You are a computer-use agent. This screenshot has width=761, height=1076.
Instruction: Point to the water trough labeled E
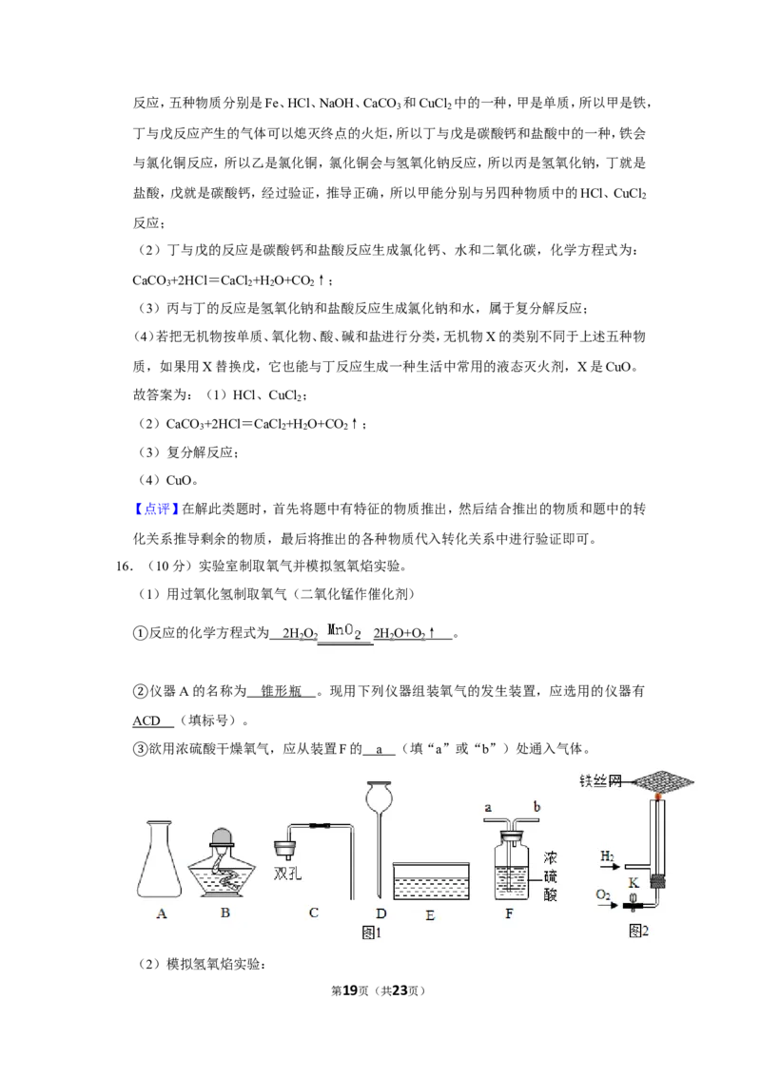(x=431, y=881)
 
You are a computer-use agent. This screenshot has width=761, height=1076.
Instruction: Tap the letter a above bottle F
(x=488, y=808)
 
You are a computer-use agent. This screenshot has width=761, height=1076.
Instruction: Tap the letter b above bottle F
(x=537, y=807)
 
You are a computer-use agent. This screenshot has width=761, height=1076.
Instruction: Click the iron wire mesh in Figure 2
(x=662, y=781)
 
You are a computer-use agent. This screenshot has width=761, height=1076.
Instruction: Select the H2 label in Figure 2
(x=607, y=855)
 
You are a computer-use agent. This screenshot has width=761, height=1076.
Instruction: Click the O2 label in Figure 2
(x=603, y=894)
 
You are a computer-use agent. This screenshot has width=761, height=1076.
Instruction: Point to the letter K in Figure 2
(x=634, y=883)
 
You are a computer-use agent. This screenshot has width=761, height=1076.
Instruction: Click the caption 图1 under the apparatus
(x=371, y=932)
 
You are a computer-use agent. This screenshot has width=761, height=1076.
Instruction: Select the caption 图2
(x=638, y=931)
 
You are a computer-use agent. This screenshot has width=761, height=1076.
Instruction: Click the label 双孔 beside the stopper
(x=287, y=874)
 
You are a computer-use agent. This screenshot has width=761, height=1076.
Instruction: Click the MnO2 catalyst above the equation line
(x=344, y=630)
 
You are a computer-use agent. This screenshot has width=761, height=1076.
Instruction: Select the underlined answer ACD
(x=146, y=721)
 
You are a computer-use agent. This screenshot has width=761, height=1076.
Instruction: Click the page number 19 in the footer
(x=350, y=990)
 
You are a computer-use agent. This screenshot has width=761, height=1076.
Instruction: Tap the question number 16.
(x=124, y=567)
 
